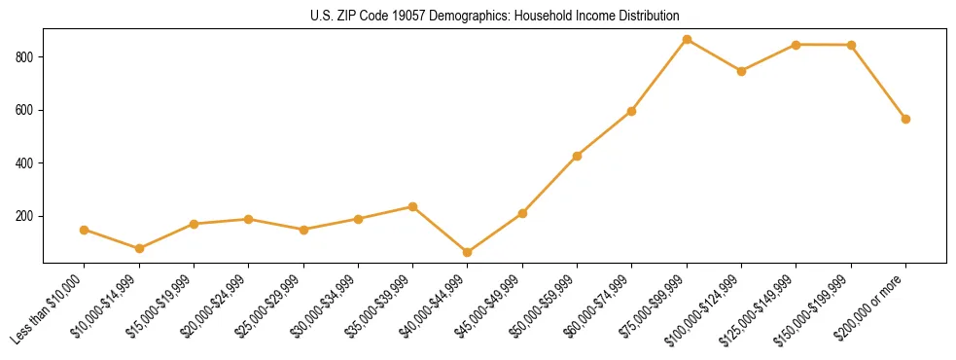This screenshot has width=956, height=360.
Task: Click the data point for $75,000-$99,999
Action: coord(687,40)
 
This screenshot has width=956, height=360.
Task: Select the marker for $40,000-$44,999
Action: coord(468,253)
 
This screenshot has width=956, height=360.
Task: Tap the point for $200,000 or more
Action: coord(905,119)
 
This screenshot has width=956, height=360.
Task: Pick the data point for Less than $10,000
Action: coord(85,230)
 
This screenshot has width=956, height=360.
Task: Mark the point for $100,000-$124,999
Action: coord(741,71)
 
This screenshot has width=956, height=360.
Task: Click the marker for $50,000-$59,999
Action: coord(578,156)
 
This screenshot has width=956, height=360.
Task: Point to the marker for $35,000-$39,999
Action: coord(413,206)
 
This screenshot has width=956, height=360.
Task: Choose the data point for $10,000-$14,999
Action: coord(139,248)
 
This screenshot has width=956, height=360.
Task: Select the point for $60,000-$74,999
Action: coord(632,111)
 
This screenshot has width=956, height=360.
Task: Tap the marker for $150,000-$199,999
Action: coord(851,45)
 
